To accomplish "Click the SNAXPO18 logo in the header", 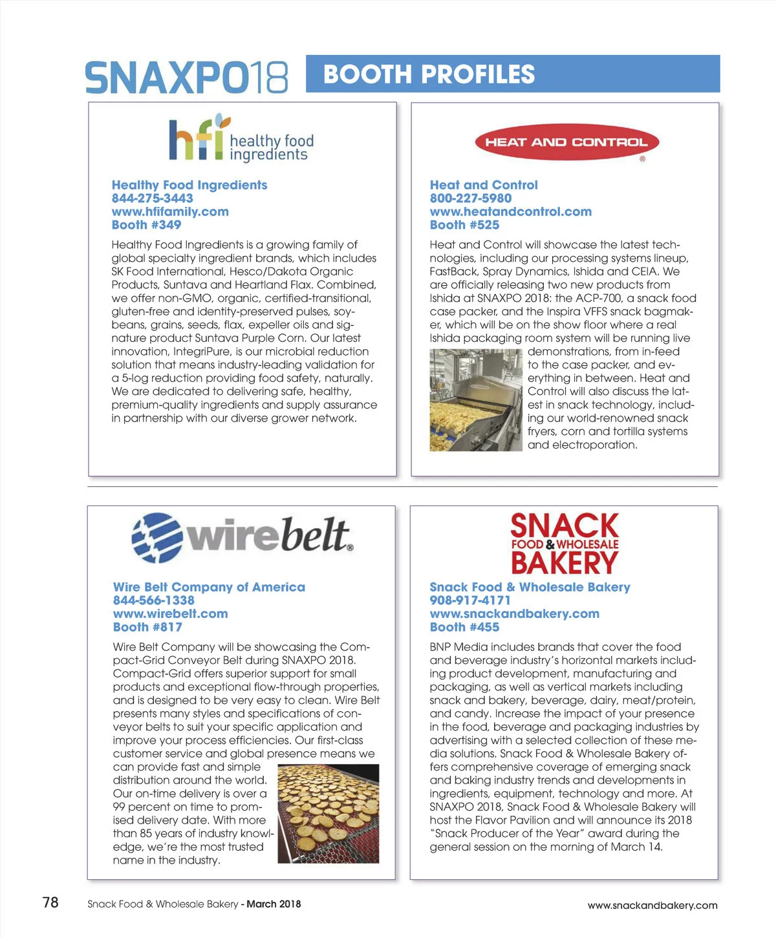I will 186,77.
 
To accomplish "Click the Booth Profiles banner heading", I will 429,74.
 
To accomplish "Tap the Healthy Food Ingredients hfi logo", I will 241,139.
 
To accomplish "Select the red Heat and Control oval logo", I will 566,142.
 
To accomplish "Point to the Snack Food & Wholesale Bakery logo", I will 565,544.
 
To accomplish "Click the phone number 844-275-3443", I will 152,198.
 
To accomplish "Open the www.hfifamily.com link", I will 170,211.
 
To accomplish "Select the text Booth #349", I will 146,225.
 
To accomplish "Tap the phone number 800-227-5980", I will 470,198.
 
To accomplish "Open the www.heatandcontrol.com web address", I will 510,211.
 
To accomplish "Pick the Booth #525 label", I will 464,225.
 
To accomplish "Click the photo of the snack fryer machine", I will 475,400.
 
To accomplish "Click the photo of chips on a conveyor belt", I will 328,813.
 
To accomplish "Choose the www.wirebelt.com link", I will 170,613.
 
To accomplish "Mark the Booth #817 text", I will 147,627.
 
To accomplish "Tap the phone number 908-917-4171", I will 469,601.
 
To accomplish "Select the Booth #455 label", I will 464,627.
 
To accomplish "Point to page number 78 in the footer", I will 50,902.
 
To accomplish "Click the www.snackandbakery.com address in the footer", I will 652,905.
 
